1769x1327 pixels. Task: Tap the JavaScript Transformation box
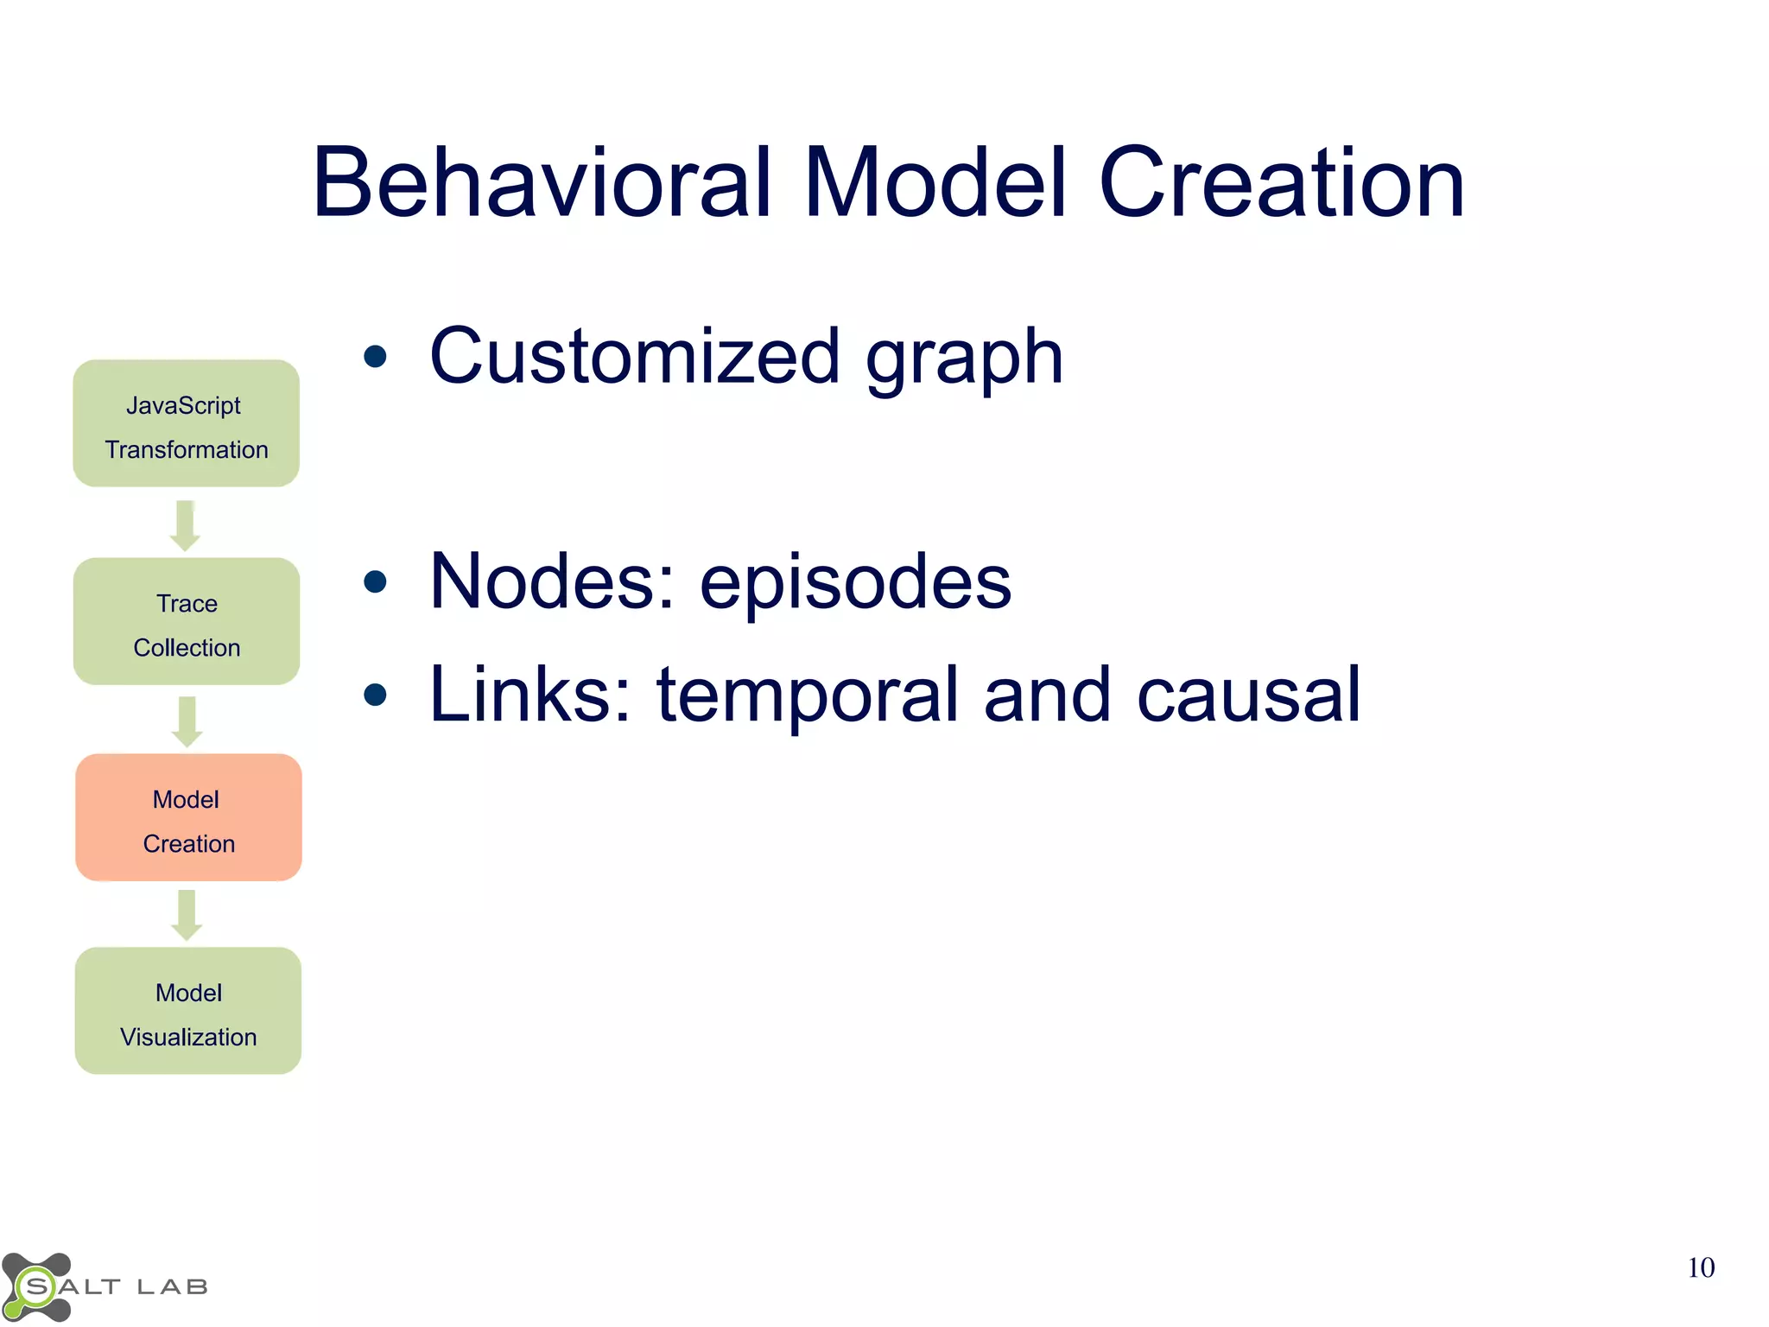[x=187, y=423]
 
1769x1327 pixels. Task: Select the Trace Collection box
[x=187, y=621]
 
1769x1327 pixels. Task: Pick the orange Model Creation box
[x=188, y=817]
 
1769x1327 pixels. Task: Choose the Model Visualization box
[x=188, y=1011]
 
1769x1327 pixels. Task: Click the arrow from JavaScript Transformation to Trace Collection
[x=185, y=524]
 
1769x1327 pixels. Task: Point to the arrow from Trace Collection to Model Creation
[x=187, y=721]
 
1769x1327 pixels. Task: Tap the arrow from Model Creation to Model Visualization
[x=187, y=915]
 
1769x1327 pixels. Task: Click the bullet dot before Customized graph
[x=375, y=356]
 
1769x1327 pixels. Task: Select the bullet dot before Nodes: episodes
[x=375, y=581]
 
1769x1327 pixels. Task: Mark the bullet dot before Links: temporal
[x=375, y=695]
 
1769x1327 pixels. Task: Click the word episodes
[x=855, y=581]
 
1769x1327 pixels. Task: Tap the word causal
[x=1249, y=695]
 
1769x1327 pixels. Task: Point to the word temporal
[x=808, y=695]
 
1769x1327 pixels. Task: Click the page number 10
[x=1700, y=1267]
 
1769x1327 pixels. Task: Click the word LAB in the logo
[x=173, y=1287]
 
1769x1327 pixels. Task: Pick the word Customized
[x=635, y=356]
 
